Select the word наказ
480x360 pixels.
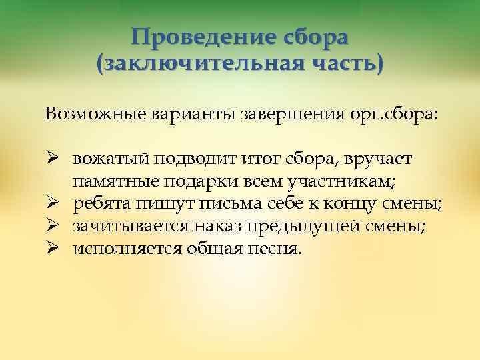click(x=225, y=227)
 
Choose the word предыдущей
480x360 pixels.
click(x=312, y=227)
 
